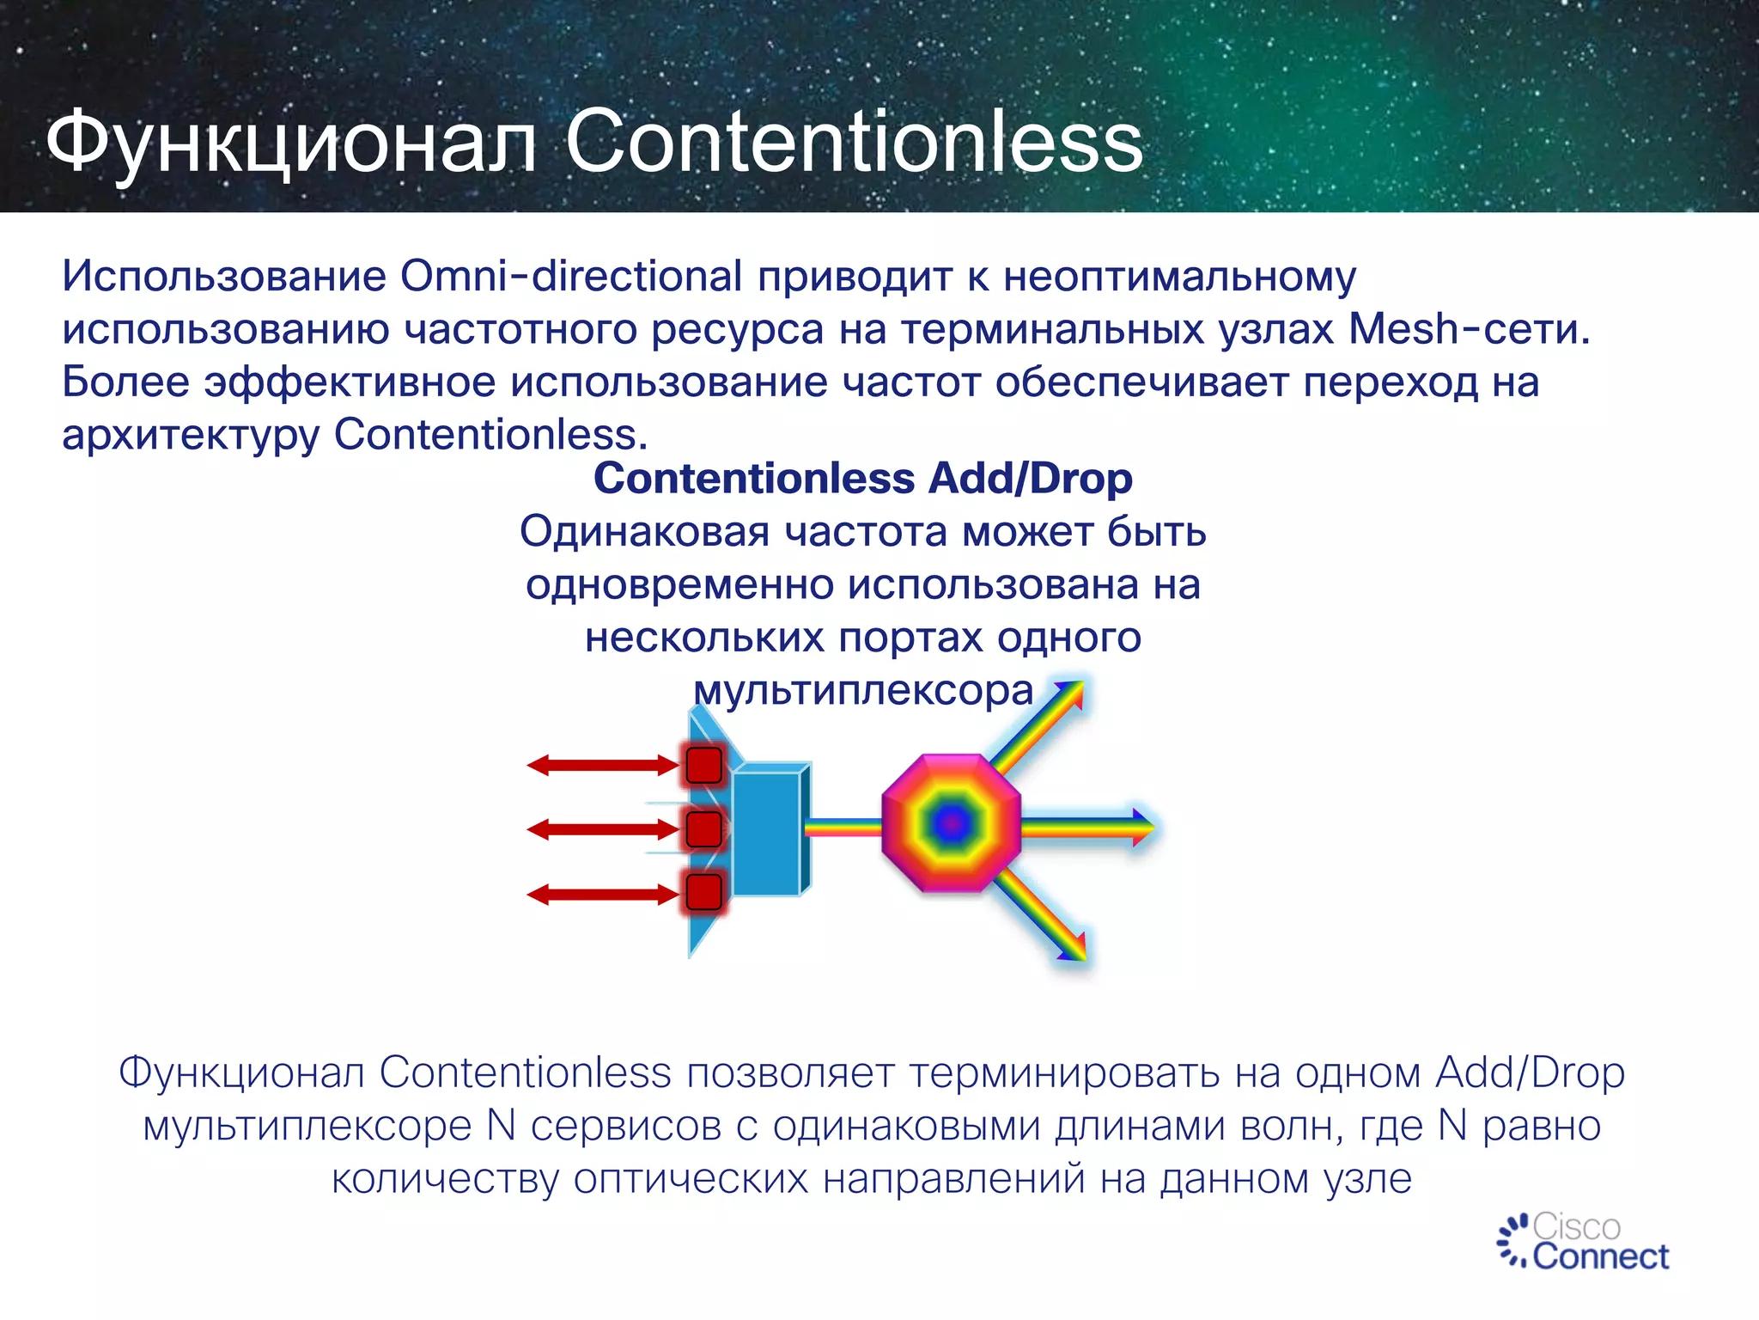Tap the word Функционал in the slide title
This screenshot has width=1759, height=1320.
tap(291, 142)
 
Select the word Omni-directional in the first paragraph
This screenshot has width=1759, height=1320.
tap(571, 277)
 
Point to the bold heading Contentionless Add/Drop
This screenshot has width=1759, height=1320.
tap(862, 479)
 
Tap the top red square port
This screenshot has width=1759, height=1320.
tap(704, 765)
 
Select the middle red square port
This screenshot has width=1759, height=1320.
tap(704, 829)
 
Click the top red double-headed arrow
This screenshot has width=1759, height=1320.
tap(602, 765)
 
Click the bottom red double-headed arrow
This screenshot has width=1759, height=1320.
tap(602, 895)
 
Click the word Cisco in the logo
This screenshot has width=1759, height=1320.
tap(1576, 1226)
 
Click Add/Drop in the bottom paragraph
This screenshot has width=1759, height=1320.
tap(1530, 1072)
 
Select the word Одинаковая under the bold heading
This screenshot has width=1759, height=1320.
tap(644, 532)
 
